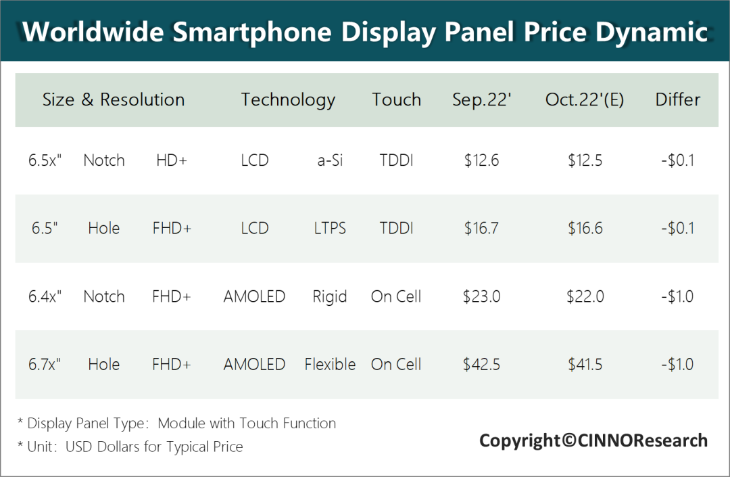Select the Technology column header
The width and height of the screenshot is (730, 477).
coord(288,100)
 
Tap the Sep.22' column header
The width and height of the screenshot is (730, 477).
coord(481,100)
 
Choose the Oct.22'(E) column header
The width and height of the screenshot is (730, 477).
coord(585,100)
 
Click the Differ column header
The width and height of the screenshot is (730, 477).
coord(677,100)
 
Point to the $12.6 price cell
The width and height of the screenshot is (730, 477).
coord(481,161)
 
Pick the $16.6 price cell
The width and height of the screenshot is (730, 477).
coord(585,229)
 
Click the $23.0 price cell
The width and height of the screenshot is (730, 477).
coord(481,296)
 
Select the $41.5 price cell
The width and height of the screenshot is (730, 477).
coord(585,364)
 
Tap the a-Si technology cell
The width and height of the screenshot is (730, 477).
coord(329,161)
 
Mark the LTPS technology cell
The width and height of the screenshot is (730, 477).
coord(329,229)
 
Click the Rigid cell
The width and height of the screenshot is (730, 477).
coord(329,296)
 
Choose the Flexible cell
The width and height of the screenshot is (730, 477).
coord(330,364)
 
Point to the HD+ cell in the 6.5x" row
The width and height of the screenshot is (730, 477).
coord(172,161)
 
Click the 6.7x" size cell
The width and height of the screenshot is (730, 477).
coord(45,364)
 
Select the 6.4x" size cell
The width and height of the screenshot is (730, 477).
coord(45,296)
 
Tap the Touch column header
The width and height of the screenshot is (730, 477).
coord(396,100)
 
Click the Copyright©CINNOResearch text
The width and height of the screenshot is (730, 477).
coord(593,441)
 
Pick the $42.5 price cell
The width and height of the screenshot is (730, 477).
coord(481,364)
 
